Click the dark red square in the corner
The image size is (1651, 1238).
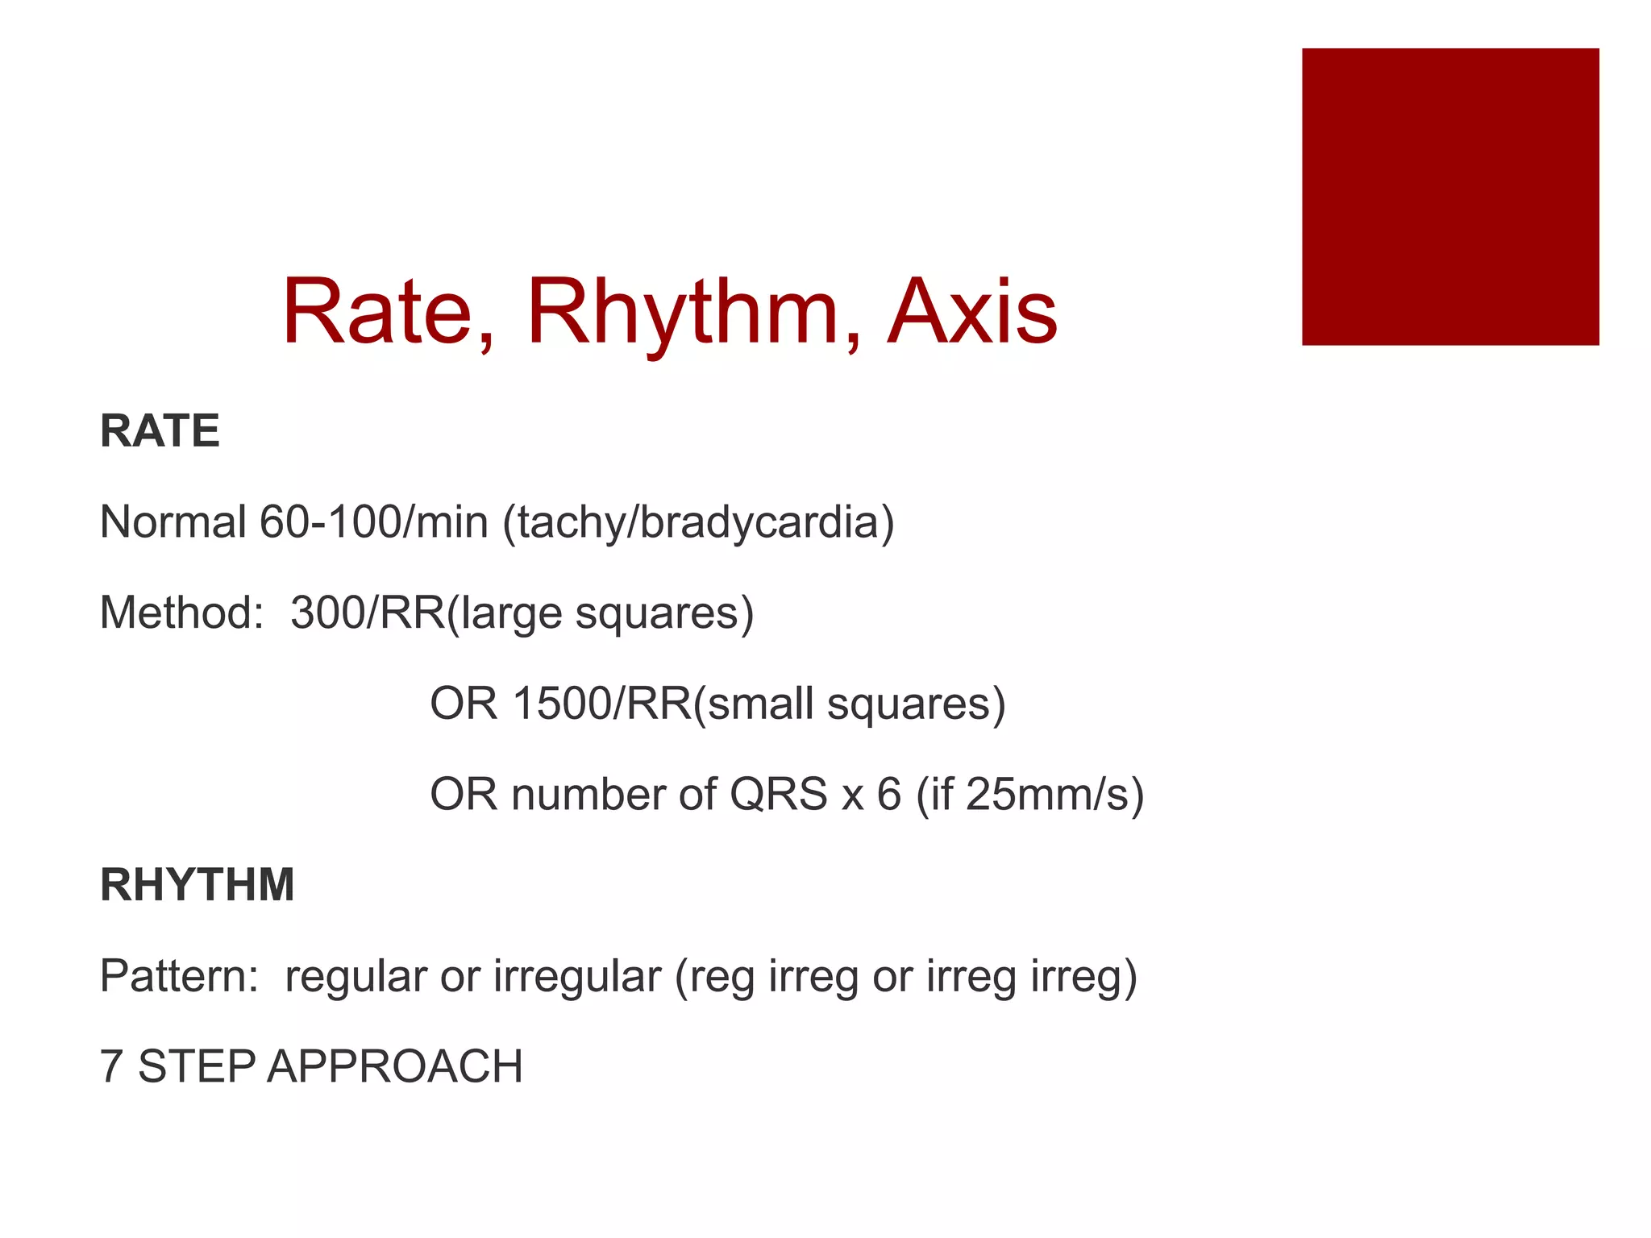1449,197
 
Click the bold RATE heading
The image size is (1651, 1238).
160,430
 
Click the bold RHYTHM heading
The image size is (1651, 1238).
198,884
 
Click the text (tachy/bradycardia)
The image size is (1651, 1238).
698,523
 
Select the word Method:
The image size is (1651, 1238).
181,613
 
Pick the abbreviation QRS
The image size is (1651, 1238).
778,795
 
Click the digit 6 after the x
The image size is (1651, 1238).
888,795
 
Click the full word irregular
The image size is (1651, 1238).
576,977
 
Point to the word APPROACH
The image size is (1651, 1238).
395,1066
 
